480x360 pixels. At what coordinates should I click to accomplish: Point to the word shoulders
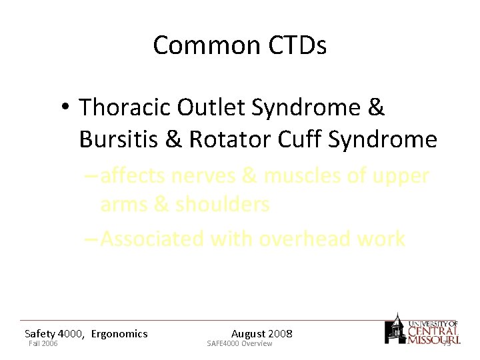(222, 205)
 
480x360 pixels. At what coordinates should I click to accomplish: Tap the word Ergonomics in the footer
(119, 333)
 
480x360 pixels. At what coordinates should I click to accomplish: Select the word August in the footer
(249, 333)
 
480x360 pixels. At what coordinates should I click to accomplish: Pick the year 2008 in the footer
(280, 333)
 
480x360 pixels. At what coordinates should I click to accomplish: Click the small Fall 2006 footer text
(43, 344)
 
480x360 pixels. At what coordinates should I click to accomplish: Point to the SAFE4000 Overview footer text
(239, 344)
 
